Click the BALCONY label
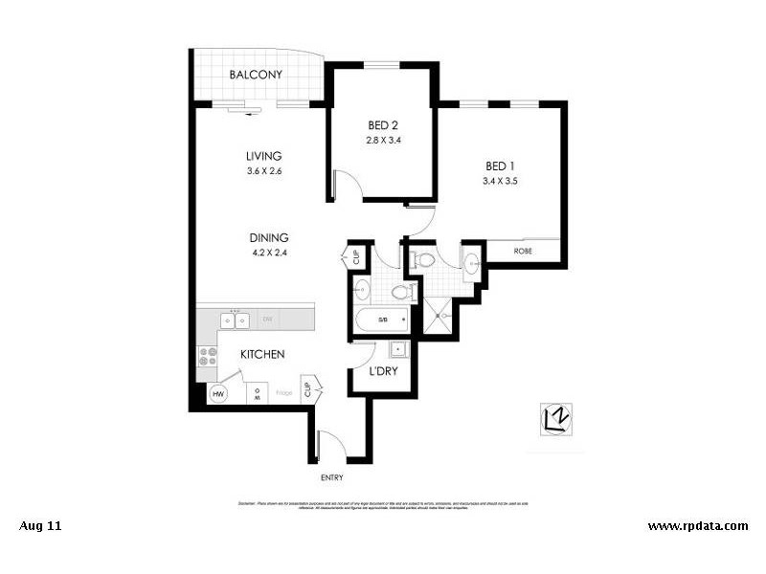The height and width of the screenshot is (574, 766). coord(255,76)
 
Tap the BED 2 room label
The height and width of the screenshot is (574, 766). coord(383,125)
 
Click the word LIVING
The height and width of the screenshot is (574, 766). coord(263,156)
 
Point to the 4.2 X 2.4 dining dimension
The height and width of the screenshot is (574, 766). coord(269,254)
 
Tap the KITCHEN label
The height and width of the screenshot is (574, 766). coord(262,354)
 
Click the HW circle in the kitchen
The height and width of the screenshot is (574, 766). coord(218,393)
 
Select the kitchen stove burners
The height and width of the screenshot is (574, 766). coord(207,357)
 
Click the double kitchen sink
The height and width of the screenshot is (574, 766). coord(235,320)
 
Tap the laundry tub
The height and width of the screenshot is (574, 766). coord(396,349)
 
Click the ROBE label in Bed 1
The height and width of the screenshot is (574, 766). coord(523,253)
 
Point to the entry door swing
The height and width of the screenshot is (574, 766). coord(331,444)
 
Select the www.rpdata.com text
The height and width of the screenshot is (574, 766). coord(697,525)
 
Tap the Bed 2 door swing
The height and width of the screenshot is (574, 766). coord(346,183)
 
